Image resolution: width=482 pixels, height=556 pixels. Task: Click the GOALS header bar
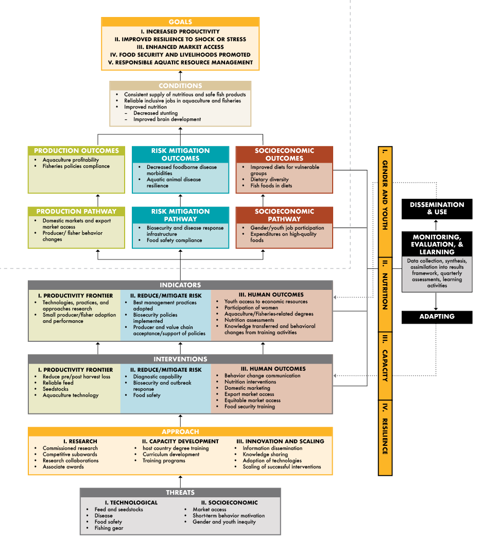[x=180, y=22]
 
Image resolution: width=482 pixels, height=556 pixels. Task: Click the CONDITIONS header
[x=180, y=85]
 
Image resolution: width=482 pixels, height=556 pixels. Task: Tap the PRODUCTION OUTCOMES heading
[x=76, y=151]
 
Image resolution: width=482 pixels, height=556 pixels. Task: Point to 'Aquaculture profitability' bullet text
[x=71, y=160]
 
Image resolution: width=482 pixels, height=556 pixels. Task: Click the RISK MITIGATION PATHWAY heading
[x=180, y=215]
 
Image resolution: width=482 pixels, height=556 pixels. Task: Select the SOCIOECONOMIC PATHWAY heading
[x=284, y=215]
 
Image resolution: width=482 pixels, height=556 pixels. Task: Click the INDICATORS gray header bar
[x=180, y=285]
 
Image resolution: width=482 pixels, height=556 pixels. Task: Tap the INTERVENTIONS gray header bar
[x=180, y=359]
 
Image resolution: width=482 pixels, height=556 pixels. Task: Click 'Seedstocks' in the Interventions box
[x=56, y=389]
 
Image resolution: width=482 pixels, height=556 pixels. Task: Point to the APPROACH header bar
[x=180, y=432]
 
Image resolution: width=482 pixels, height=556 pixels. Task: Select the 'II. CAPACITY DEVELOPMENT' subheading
[x=180, y=441]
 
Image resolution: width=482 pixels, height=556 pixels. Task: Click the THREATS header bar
[x=180, y=493]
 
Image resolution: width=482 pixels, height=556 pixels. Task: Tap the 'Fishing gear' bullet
[x=109, y=528]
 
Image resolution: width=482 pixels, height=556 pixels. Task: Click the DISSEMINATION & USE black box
[x=437, y=208]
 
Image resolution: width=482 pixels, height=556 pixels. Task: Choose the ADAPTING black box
[x=437, y=317]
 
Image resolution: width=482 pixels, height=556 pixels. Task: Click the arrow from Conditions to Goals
[x=180, y=75]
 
